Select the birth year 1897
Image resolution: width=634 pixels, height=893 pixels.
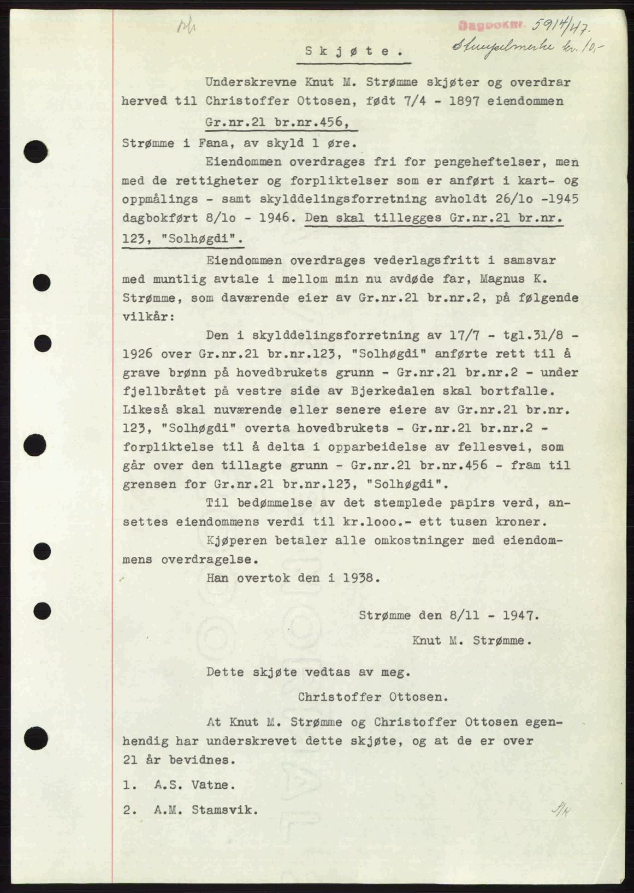pyautogui.click(x=468, y=102)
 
